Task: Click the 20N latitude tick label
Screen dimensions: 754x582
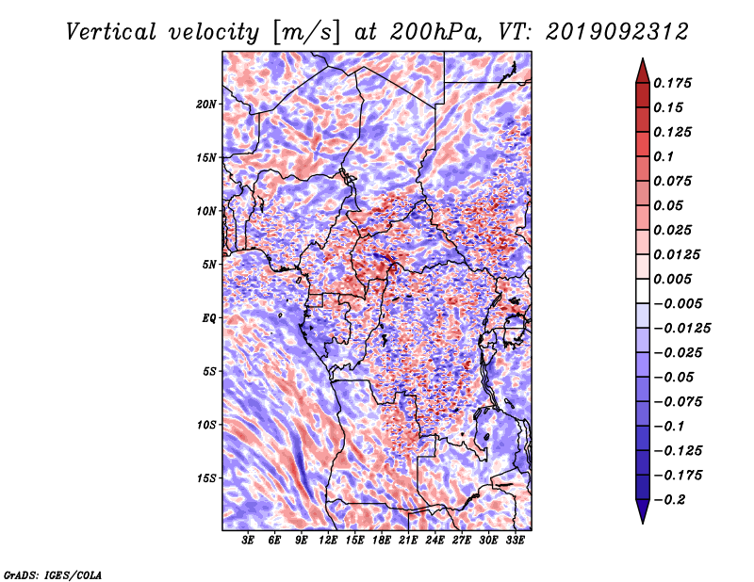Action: click(x=206, y=105)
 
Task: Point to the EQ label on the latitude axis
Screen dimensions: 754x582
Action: click(x=209, y=318)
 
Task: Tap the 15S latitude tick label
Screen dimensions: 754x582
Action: click(x=206, y=478)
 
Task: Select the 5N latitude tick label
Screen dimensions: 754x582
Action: click(x=209, y=265)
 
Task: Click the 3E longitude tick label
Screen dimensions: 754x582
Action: click(x=248, y=541)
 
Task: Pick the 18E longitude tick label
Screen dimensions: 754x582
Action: click(x=382, y=541)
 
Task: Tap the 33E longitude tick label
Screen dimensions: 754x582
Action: click(x=515, y=541)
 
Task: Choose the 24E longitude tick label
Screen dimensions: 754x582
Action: click(x=434, y=541)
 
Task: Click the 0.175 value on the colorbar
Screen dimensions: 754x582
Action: click(x=672, y=83)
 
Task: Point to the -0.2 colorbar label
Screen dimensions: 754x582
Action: click(x=669, y=500)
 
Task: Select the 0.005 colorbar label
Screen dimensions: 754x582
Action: click(x=672, y=279)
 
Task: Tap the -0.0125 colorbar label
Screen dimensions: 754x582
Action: click(x=681, y=329)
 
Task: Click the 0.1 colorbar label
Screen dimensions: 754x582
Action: click(x=664, y=156)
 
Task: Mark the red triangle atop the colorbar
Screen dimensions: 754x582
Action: click(x=643, y=73)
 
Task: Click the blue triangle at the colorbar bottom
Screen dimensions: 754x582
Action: click(x=643, y=510)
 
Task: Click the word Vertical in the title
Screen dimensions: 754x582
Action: click(x=111, y=32)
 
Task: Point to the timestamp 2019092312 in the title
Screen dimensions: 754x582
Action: click(x=617, y=32)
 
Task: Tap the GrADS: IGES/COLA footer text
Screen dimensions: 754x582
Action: click(x=53, y=574)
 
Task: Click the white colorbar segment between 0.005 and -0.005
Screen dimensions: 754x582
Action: click(x=643, y=291)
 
